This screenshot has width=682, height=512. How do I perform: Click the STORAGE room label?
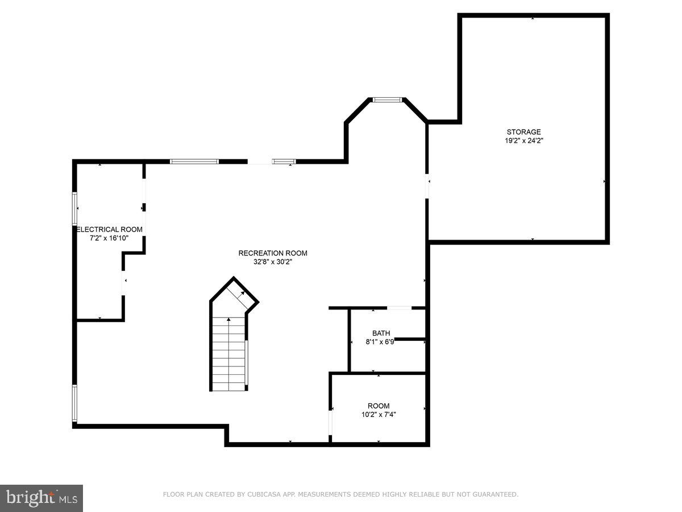point(523,132)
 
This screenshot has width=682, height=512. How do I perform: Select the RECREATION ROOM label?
point(273,253)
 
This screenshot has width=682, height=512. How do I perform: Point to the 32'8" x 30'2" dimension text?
point(273,262)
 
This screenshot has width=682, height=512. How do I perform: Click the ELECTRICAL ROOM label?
point(110,229)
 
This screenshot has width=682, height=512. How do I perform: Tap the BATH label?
point(381,333)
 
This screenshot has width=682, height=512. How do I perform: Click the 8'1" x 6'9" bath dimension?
point(380,342)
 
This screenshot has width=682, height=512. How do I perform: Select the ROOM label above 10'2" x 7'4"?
point(379,406)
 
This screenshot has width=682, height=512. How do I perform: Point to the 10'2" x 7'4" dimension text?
point(379,415)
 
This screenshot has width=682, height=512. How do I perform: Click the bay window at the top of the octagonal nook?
point(387,100)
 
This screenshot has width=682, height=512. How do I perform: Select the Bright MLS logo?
point(41,498)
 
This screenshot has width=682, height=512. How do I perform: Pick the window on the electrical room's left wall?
point(74,208)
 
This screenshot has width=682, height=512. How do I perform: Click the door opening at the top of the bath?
point(400,308)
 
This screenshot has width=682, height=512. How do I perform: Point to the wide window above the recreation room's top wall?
point(194,162)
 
